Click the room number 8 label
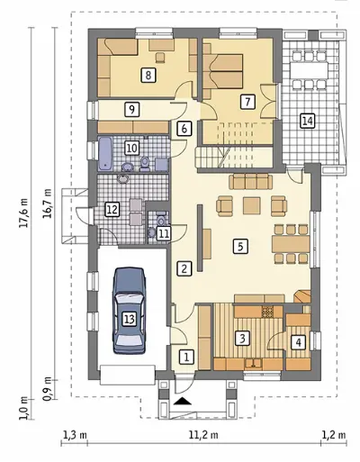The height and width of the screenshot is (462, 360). tap(148, 75)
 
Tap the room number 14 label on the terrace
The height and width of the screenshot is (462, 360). tap(308, 121)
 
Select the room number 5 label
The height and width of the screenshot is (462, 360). tap(240, 246)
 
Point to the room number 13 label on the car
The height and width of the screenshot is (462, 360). tap(130, 319)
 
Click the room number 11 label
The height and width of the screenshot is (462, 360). tap(164, 233)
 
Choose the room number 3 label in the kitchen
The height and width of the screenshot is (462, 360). tap(242, 339)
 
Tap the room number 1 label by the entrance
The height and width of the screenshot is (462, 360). tap(186, 358)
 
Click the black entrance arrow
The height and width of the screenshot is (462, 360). tap(184, 402)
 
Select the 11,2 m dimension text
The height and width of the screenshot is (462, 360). tap(203, 435)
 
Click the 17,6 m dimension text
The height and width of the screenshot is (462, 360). tap(24, 213)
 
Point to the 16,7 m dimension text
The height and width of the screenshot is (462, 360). tap(48, 204)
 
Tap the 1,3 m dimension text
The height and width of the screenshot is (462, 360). tap(75, 435)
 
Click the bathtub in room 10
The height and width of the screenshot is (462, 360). tap(104, 153)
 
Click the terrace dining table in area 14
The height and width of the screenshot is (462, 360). tap(309, 70)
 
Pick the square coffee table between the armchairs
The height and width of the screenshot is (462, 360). tap(252, 205)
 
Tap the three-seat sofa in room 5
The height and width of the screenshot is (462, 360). tap(250, 182)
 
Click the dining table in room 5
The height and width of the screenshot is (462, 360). tap(291, 244)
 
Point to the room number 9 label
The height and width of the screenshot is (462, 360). tap(131, 109)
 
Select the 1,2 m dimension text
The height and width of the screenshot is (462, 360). tap(334, 435)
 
